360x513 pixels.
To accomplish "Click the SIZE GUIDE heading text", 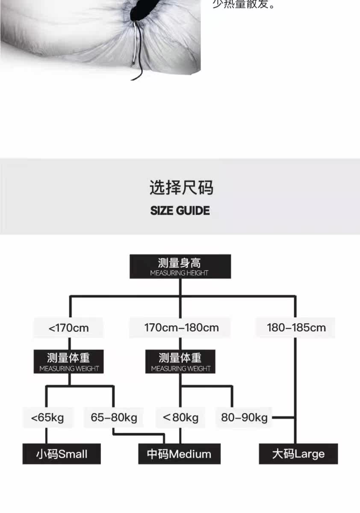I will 180,211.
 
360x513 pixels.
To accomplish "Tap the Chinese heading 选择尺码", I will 181,188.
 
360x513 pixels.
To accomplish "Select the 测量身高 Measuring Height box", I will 180,267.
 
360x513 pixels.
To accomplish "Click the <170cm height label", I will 68,328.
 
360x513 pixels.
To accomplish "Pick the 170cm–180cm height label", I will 181,328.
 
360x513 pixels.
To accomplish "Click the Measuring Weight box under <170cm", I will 69,362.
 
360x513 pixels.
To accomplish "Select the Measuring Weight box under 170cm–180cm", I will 180,362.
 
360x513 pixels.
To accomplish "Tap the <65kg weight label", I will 47,417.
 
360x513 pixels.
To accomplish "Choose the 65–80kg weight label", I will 114,417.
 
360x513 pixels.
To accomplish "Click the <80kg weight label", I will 180,417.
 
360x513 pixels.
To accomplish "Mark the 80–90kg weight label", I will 244,417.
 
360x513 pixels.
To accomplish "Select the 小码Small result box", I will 62,454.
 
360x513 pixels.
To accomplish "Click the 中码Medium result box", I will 179,454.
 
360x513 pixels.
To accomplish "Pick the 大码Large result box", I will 298,454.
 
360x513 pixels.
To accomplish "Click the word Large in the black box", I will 309,454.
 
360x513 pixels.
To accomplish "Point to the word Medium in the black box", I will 190,454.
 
